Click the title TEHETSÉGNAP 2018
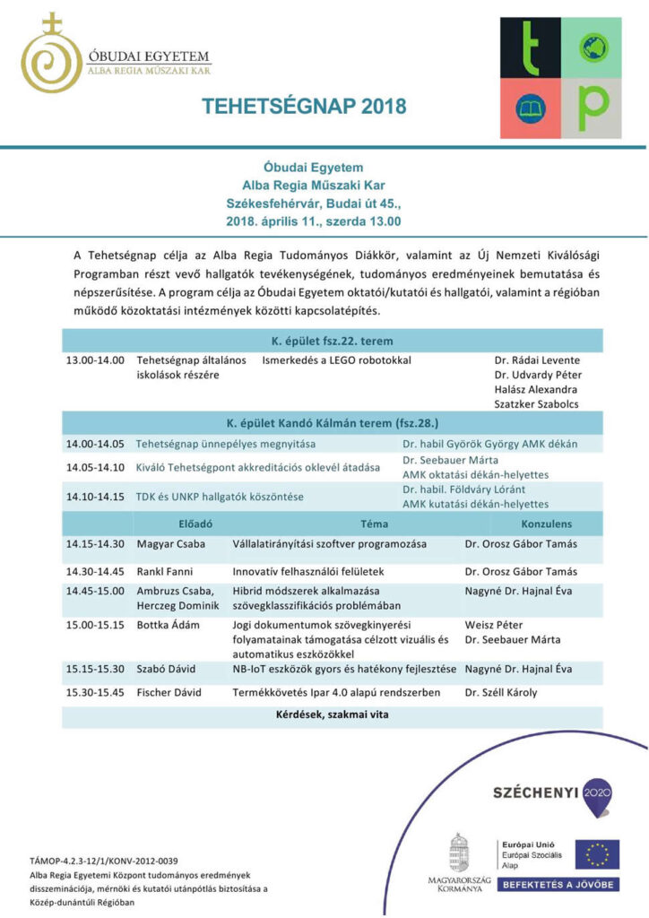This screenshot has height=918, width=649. pyautogui.click(x=304, y=106)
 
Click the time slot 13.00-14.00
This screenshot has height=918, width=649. pyautogui.click(x=94, y=359)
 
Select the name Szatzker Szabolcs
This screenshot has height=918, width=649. pyautogui.click(x=537, y=403)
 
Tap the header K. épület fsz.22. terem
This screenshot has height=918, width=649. pyautogui.click(x=333, y=342)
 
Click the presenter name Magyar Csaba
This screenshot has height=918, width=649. pyautogui.click(x=170, y=544)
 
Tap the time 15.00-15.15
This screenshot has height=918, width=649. pyautogui.click(x=94, y=625)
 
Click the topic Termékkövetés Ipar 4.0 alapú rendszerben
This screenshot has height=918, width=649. pyautogui.click(x=336, y=692)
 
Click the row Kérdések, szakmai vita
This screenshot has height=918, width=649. pyautogui.click(x=333, y=715)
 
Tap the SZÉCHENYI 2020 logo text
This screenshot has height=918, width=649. pyautogui.click(x=536, y=792)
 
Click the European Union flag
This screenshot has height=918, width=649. pyautogui.click(x=596, y=854)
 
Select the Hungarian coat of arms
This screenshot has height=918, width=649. pyautogui.click(x=460, y=855)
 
